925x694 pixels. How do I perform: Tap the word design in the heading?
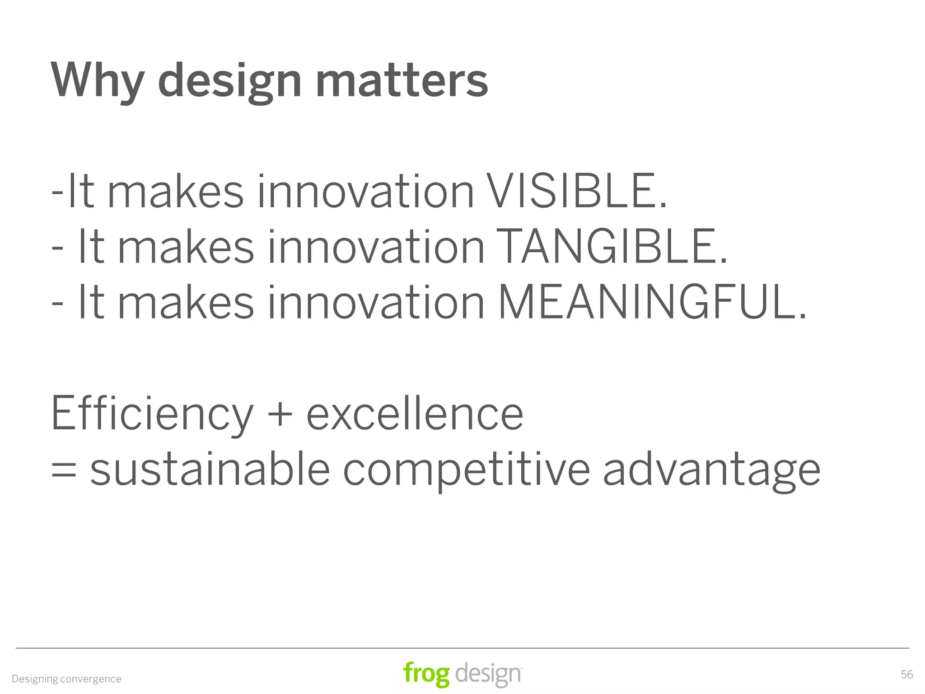point(229,81)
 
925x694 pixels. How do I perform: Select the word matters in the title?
point(402,81)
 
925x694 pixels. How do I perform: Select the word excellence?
point(415,414)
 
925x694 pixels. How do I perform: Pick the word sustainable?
point(210,470)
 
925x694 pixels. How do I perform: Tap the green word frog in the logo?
point(426,674)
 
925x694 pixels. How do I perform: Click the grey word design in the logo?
point(488,675)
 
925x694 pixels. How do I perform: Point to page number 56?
point(906,675)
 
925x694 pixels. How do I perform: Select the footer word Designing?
point(35,679)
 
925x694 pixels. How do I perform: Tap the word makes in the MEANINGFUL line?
point(186,302)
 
